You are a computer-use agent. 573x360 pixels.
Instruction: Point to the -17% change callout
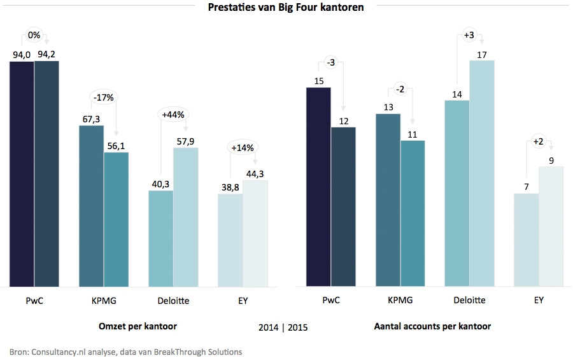(x=103, y=98)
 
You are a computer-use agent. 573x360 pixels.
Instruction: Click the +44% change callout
(x=173, y=115)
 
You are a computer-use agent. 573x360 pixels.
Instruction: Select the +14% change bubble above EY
(x=243, y=148)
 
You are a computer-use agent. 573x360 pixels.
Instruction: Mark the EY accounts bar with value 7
(x=527, y=240)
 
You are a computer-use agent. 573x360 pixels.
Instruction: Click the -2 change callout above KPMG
(x=400, y=89)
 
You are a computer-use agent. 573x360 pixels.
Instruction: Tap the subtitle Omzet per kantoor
(x=138, y=326)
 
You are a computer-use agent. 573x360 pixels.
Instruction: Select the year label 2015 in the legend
(x=298, y=328)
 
